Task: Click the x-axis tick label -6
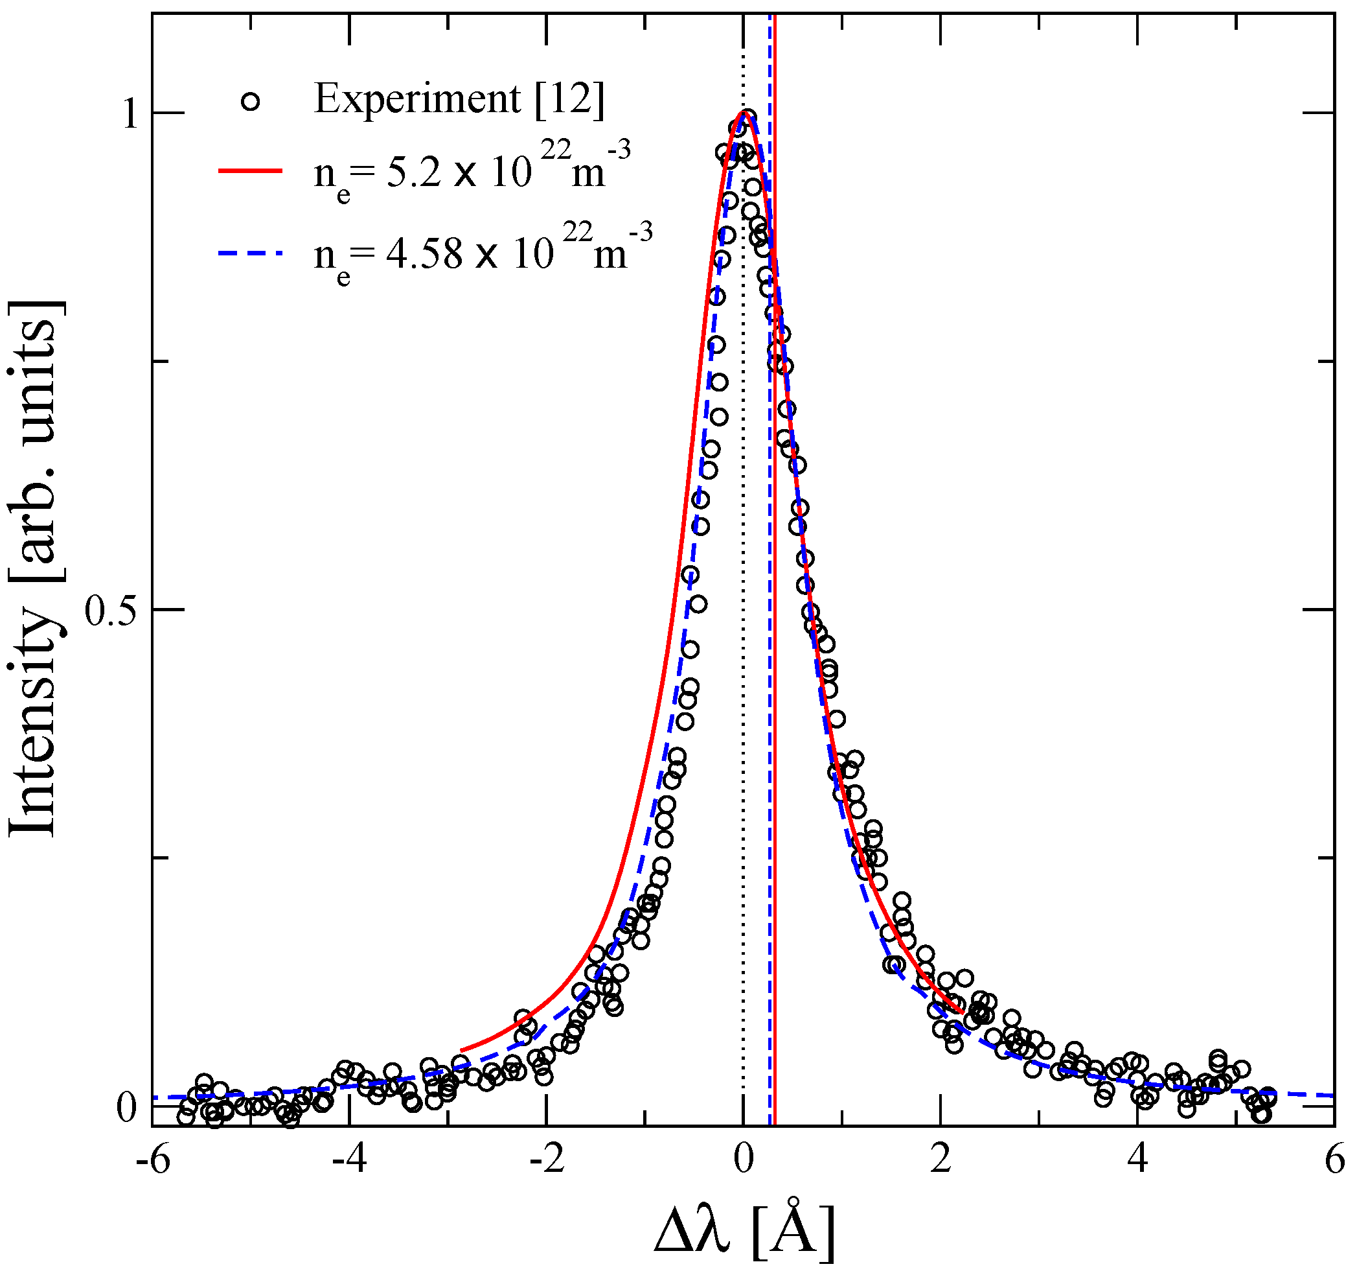153,1162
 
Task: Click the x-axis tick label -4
350,1162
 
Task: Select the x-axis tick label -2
546,1162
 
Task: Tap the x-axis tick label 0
744,1162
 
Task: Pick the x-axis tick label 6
1334,1162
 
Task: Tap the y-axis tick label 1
129,114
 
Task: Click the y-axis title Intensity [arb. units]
34,567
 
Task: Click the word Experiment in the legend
418,100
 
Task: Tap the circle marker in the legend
251,102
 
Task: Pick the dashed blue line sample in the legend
250,253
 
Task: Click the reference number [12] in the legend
570,100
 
